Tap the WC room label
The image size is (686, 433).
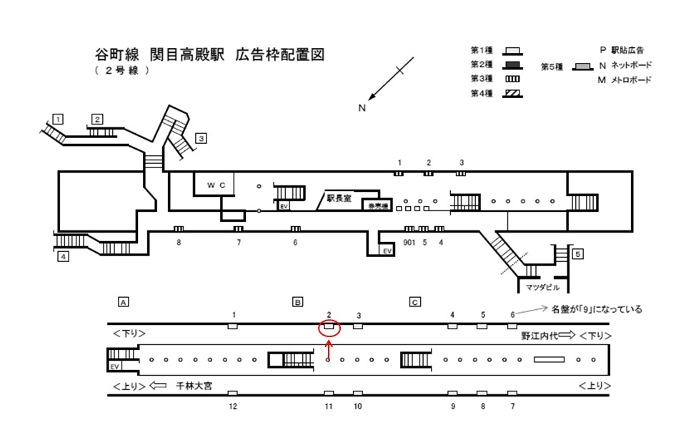point(216,185)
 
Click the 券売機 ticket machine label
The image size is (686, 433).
point(377,205)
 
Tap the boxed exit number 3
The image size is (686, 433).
point(202,138)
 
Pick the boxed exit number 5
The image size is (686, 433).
point(578,253)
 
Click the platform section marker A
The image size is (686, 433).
point(124,302)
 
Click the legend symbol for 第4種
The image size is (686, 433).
point(512,93)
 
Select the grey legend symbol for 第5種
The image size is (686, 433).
point(584,67)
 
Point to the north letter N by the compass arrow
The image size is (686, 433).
point(362,108)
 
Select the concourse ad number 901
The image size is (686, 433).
point(408,242)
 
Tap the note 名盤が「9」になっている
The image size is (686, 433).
point(597,310)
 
